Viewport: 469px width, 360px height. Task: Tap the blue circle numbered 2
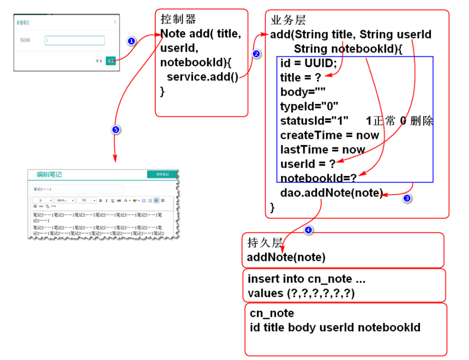pyautogui.click(x=256, y=54)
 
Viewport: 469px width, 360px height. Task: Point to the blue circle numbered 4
pyautogui.click(x=308, y=230)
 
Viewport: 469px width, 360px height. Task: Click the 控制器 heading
pyautogui.click(x=178, y=19)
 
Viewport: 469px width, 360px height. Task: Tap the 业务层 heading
pyautogui.click(x=288, y=20)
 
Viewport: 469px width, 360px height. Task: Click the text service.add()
pyautogui.click(x=203, y=77)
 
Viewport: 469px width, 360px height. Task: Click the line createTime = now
pyautogui.click(x=329, y=135)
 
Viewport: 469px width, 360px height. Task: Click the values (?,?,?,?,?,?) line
pyautogui.click(x=301, y=293)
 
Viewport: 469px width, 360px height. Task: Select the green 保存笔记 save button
pyautogui.click(x=162, y=175)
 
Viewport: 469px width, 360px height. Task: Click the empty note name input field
pyautogui.click(x=75, y=41)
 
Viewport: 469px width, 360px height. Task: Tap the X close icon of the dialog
pyautogui.click(x=114, y=22)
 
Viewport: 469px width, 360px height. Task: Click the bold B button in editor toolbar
pyautogui.click(x=100, y=201)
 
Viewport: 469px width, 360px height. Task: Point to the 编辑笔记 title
pyautogui.click(x=50, y=175)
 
